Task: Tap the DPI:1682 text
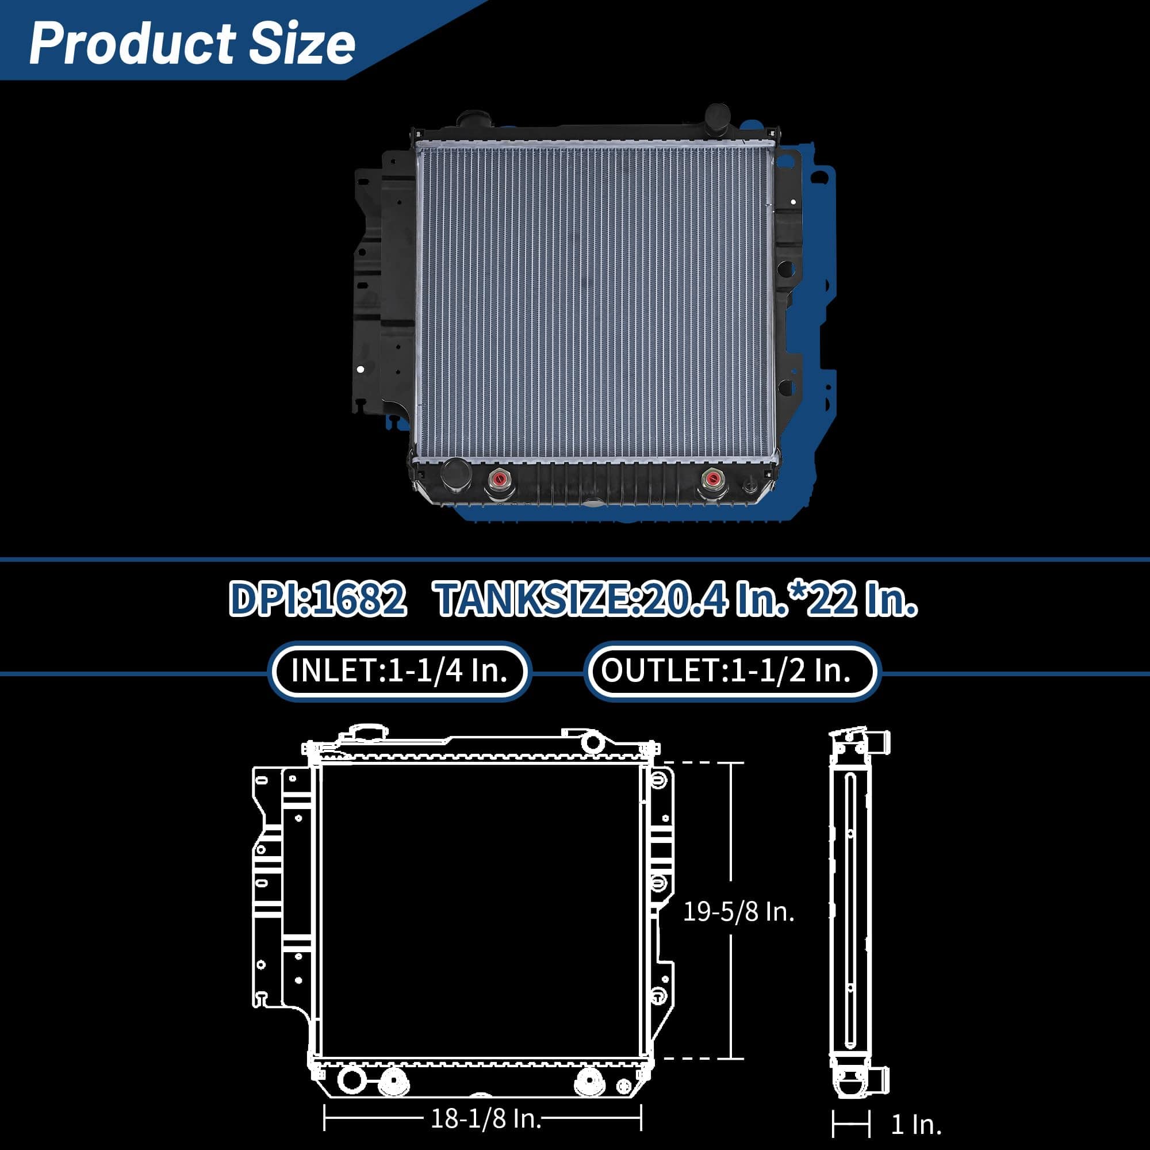click(x=317, y=599)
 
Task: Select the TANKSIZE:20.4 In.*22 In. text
click(x=677, y=599)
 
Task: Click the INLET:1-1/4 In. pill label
click(x=400, y=671)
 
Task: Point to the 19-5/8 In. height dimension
click(x=738, y=912)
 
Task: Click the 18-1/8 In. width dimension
click(x=486, y=1119)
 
